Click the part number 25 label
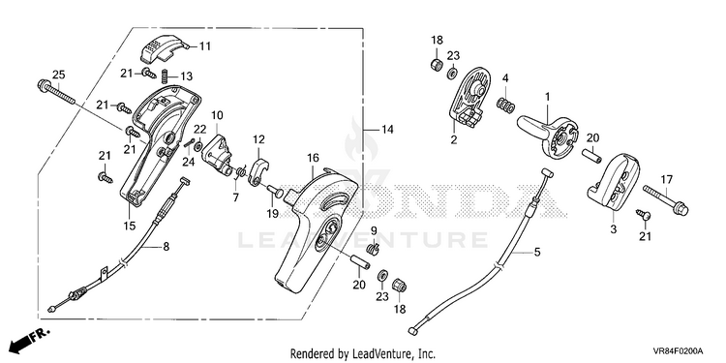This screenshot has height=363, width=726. pos(58,75)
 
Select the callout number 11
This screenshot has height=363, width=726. pos(204,45)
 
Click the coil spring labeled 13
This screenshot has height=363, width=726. pos(164,76)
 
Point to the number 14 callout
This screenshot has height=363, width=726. pos(387,130)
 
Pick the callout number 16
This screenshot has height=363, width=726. pos(313,158)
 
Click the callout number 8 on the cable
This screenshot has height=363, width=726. pos(166,247)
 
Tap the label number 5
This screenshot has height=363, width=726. pos(537,253)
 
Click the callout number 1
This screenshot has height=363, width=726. pos(547,97)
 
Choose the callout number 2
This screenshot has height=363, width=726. pos(454,139)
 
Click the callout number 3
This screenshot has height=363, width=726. pos(614,228)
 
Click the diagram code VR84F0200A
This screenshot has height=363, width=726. pos(679,350)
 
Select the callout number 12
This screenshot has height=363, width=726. pos(258,138)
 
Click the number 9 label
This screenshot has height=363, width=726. pos(374,229)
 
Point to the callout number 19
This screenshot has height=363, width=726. pos(272,213)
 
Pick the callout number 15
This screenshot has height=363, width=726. pos(129,226)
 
